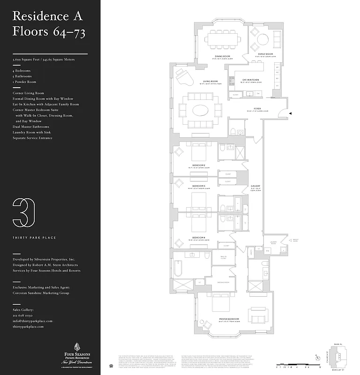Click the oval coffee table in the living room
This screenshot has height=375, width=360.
point(204,111)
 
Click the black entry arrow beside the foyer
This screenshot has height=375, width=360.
point(291,113)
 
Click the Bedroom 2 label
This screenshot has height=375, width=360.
point(199,165)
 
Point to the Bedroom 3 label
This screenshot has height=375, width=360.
point(199,186)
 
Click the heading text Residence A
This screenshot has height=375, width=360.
point(47,16)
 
